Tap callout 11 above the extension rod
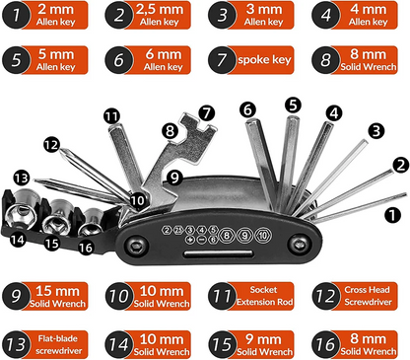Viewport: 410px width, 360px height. (110, 115)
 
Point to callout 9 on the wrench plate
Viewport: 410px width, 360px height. (174, 179)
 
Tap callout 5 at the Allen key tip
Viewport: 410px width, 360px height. (293, 104)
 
